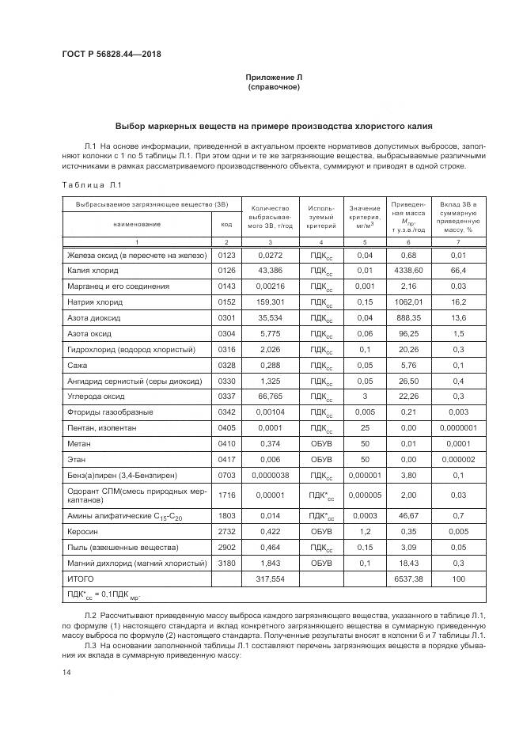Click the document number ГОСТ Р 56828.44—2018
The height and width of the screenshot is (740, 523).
pos(116,55)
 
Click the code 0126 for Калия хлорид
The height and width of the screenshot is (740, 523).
pos(226,271)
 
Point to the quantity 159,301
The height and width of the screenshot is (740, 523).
pos(271,302)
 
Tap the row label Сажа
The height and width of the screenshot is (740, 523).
pos(78,365)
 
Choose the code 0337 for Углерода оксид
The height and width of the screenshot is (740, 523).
pos(226,397)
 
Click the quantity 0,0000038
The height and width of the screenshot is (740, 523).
pos(271,476)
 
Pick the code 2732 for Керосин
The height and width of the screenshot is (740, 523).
pos(226,531)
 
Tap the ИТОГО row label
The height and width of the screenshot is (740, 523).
pos(82,579)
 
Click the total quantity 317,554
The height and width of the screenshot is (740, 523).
pos(271,579)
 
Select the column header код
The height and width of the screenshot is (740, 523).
pos(226,223)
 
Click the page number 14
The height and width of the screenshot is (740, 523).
pos(66,672)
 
